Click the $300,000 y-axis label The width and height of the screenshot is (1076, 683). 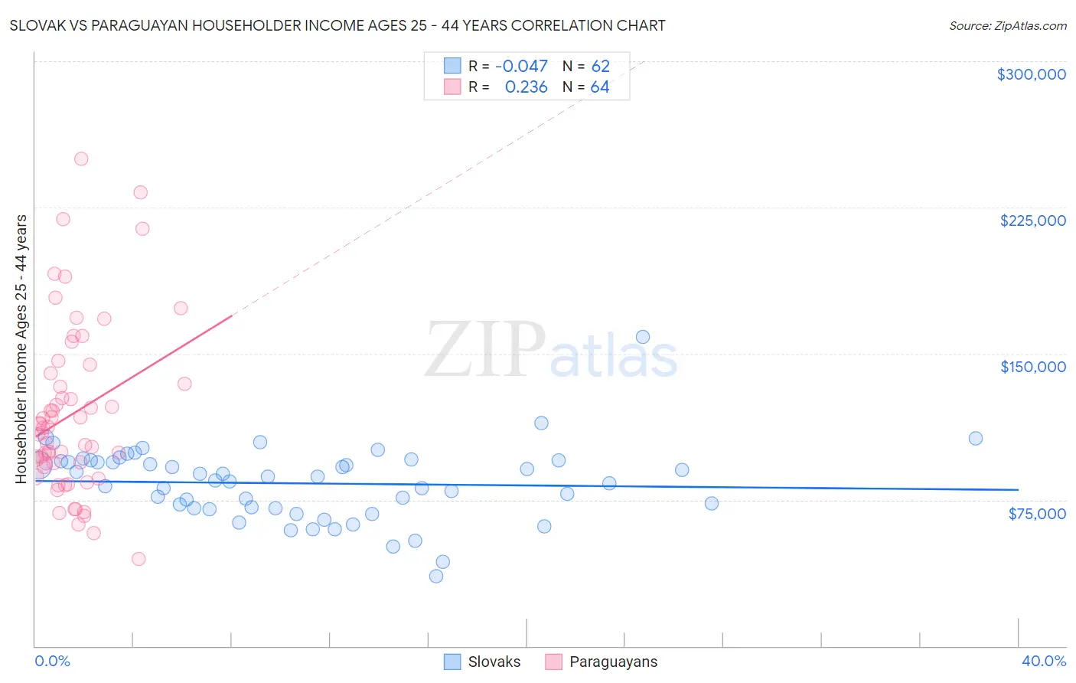(x=1031, y=74)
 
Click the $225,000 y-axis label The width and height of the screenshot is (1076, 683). (x=1032, y=221)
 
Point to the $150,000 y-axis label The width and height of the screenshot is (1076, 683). (x=1032, y=367)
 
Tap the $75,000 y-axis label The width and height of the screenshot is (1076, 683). (x=1036, y=514)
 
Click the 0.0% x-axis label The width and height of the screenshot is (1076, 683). (x=52, y=662)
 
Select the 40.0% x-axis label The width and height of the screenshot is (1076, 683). (x=1043, y=662)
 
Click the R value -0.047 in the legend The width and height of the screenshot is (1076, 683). (x=521, y=67)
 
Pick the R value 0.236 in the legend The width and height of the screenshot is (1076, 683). (x=526, y=87)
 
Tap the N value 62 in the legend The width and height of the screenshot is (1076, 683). (x=600, y=67)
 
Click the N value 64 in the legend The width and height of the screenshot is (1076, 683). (x=600, y=87)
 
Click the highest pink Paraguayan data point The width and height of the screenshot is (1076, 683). (x=81, y=159)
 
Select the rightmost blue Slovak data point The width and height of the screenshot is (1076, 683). (x=976, y=439)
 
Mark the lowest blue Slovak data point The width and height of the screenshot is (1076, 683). (x=436, y=577)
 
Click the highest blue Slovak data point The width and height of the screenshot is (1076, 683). (x=643, y=337)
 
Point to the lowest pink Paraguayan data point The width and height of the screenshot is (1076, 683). (x=139, y=559)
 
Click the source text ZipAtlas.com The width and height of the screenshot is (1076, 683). (x=1007, y=26)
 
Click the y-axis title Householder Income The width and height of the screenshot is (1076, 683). (x=21, y=348)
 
